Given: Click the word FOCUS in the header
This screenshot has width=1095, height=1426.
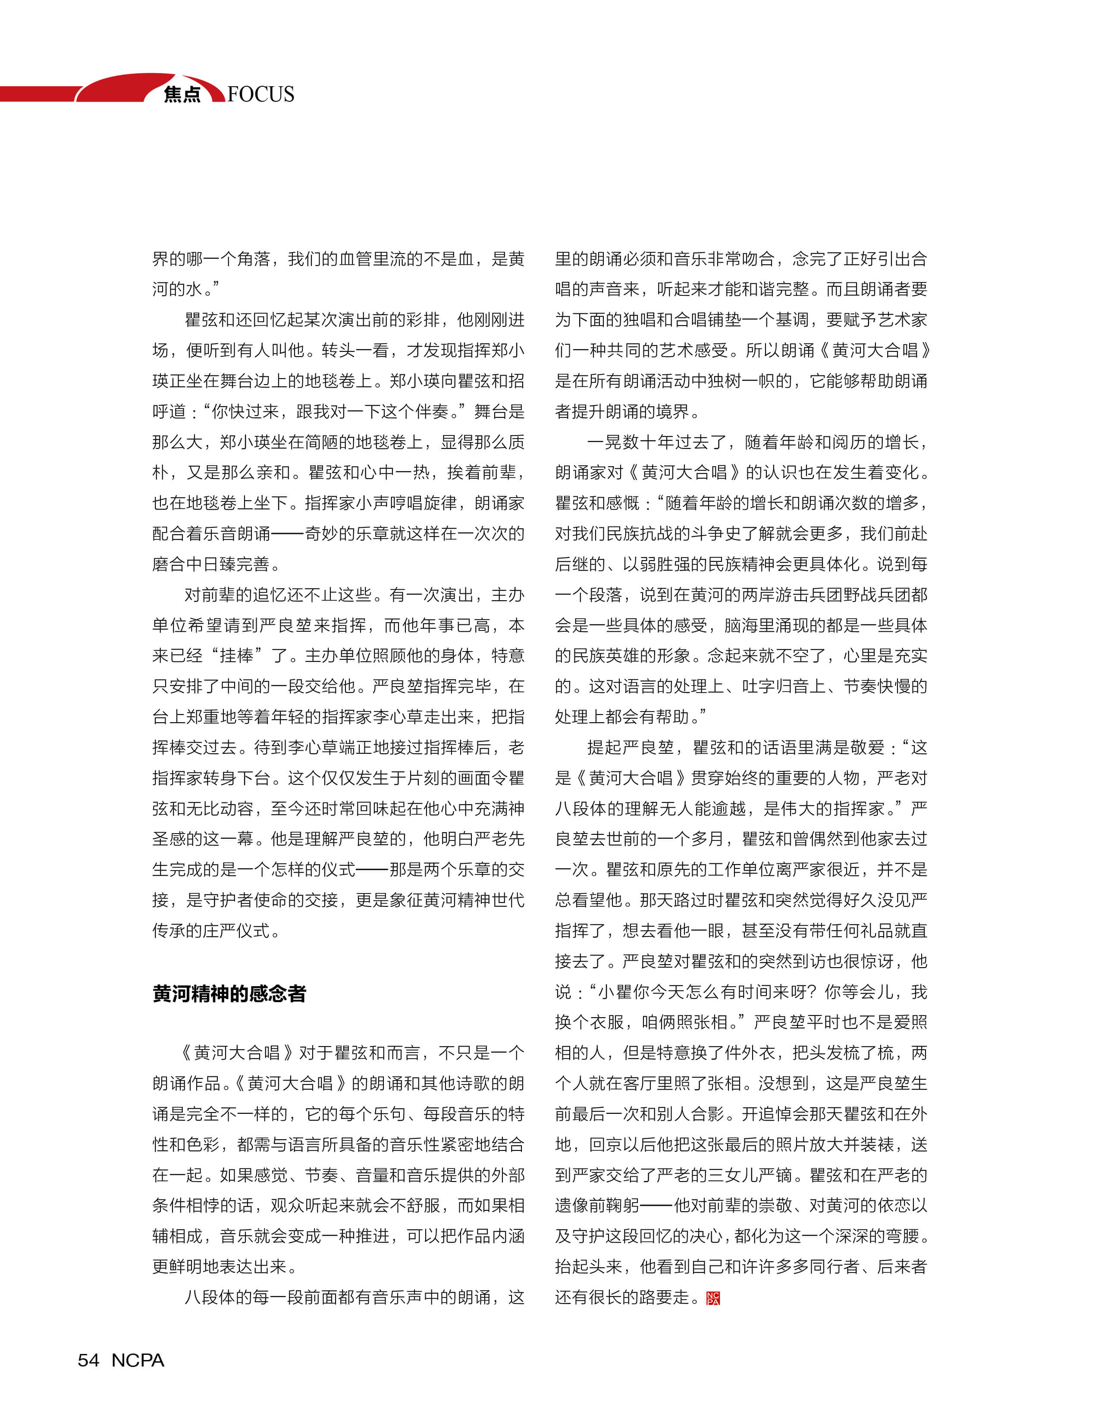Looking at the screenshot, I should [261, 94].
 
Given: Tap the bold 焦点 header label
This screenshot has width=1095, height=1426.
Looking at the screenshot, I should [182, 94].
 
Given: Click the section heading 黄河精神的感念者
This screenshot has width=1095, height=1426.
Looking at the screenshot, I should [229, 993].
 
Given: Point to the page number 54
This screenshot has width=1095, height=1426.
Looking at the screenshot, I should [88, 1360].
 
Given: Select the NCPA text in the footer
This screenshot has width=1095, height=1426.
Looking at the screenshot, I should [138, 1360].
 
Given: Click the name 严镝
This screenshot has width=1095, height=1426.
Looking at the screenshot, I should [775, 1175].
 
